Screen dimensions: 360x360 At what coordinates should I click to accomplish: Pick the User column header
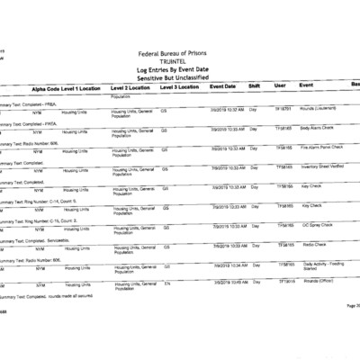(280, 85)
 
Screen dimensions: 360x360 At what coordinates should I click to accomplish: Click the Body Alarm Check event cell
(318, 128)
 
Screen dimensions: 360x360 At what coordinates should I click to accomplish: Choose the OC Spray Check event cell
(315, 225)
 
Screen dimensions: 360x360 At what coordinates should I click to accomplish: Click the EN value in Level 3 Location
(166, 283)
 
